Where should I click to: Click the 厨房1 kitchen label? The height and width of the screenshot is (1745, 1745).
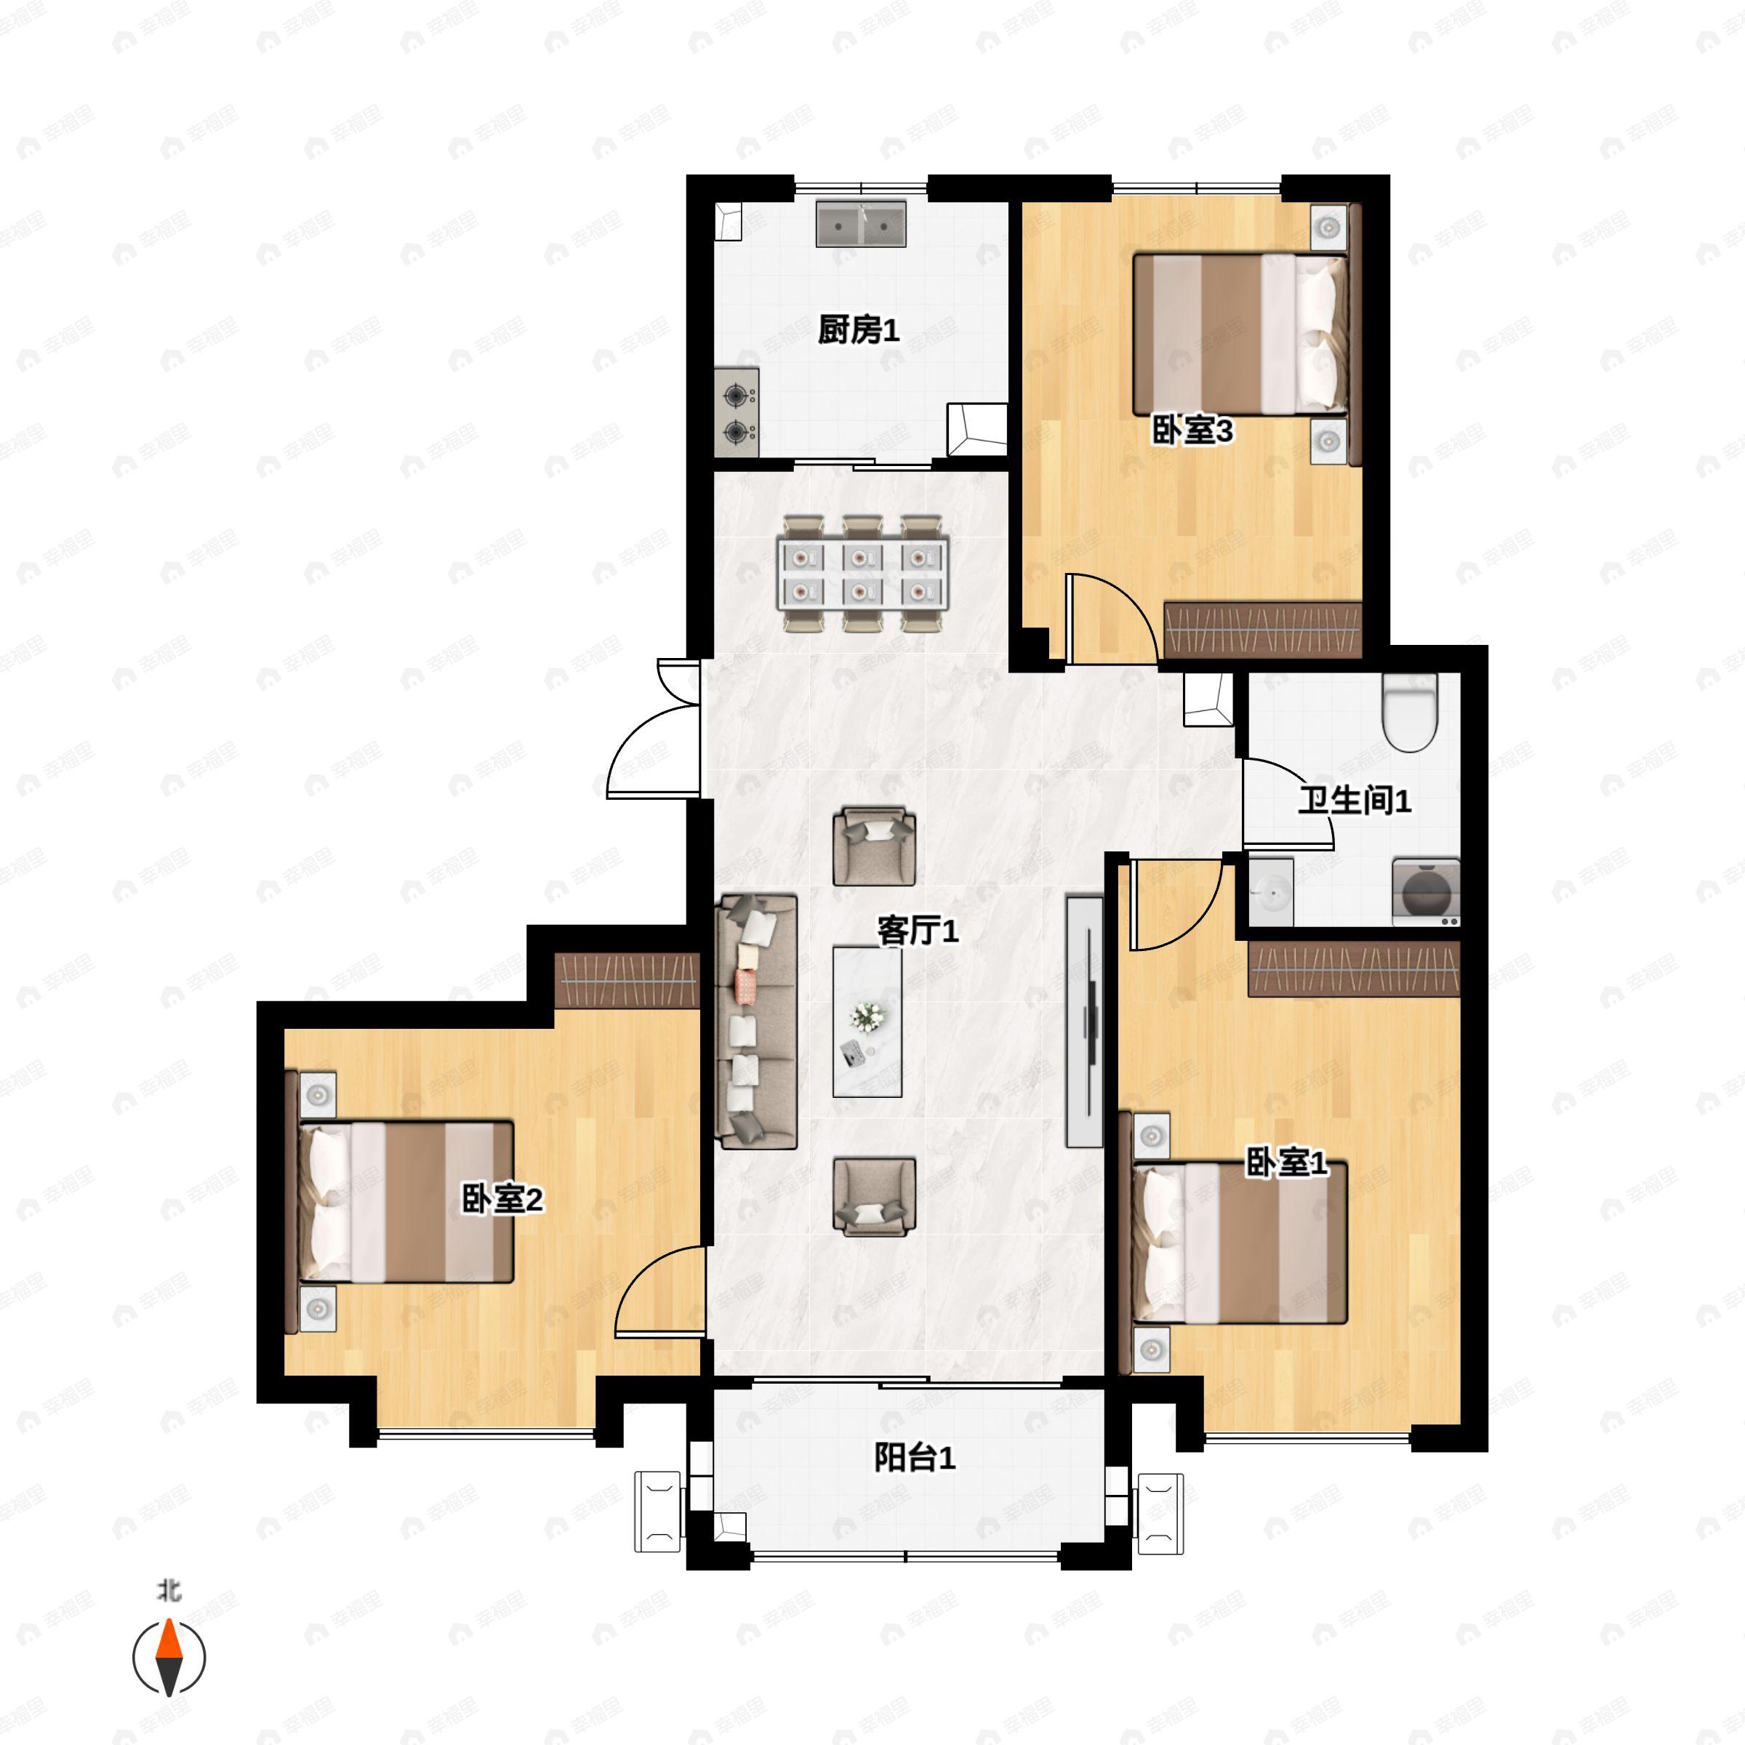pyautogui.click(x=859, y=331)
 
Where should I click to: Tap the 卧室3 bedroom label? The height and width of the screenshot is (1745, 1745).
pyautogui.click(x=1193, y=431)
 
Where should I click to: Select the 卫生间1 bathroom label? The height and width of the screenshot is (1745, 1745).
pyautogui.click(x=1355, y=801)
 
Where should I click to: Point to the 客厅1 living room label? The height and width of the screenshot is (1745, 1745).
pyautogui.click(x=918, y=931)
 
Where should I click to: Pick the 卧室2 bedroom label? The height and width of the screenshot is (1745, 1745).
pyautogui.click(x=503, y=1200)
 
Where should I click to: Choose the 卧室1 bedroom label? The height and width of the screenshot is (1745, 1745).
pyautogui.click(x=1287, y=1163)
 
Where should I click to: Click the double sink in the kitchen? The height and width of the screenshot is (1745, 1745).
pyautogui.click(x=862, y=224)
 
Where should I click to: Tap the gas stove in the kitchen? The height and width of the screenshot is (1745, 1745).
pyautogui.click(x=737, y=413)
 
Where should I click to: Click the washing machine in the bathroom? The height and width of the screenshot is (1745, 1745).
pyautogui.click(x=1426, y=891)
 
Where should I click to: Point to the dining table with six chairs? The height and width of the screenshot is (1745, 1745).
pyautogui.click(x=862, y=574)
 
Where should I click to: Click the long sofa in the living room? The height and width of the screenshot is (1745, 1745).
pyautogui.click(x=757, y=1022)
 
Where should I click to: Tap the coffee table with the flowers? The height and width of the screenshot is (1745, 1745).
pyautogui.click(x=867, y=1022)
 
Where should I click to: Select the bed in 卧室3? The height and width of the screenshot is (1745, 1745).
pyautogui.click(x=1240, y=334)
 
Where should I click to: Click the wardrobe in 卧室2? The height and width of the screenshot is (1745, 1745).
pyautogui.click(x=627, y=981)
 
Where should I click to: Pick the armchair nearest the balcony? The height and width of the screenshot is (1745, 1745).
pyautogui.click(x=873, y=1197)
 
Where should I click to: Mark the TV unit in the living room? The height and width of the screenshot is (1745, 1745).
pyautogui.click(x=1084, y=1022)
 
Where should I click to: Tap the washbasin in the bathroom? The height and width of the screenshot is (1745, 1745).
pyautogui.click(x=1271, y=892)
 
